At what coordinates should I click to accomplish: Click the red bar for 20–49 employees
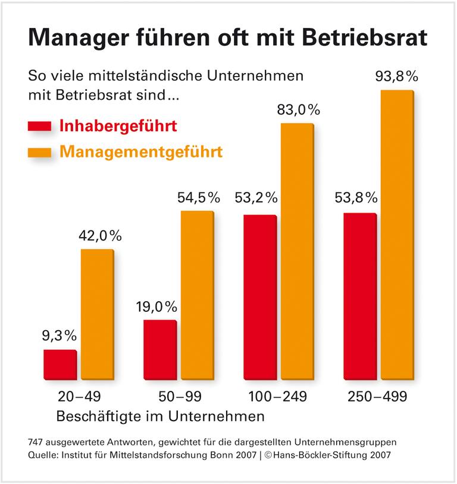tap(60, 364)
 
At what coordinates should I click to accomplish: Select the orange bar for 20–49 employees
tap(97, 314)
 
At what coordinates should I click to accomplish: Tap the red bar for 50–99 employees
tap(160, 349)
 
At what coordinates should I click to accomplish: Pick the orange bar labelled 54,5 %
tap(197, 295)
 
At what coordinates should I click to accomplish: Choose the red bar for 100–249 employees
tap(260, 297)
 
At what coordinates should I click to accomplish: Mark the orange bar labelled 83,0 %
tap(297, 251)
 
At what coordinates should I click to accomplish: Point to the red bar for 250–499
tap(360, 296)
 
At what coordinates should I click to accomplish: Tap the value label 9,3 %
tap(60, 336)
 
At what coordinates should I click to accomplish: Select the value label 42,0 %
tap(99, 236)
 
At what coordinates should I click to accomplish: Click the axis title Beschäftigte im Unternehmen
tap(160, 416)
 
